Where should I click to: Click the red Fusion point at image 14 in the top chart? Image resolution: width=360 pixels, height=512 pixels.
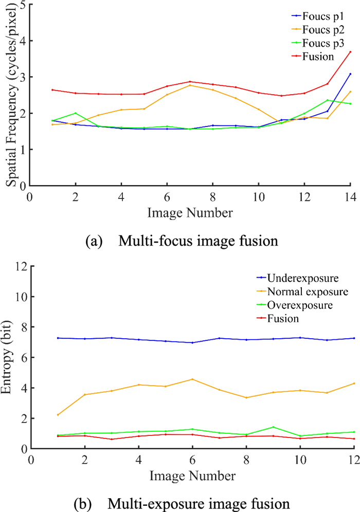[x=350, y=51]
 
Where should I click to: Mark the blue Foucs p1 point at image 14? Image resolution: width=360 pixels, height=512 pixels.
[x=350, y=74]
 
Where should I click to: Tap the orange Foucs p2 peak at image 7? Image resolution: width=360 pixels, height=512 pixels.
[x=190, y=85]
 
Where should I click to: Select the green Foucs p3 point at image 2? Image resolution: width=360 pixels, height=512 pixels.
[x=76, y=113]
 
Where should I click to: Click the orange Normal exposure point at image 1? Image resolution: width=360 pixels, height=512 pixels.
[x=58, y=415]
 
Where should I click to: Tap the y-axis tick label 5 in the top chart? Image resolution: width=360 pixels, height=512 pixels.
[x=24, y=5]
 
